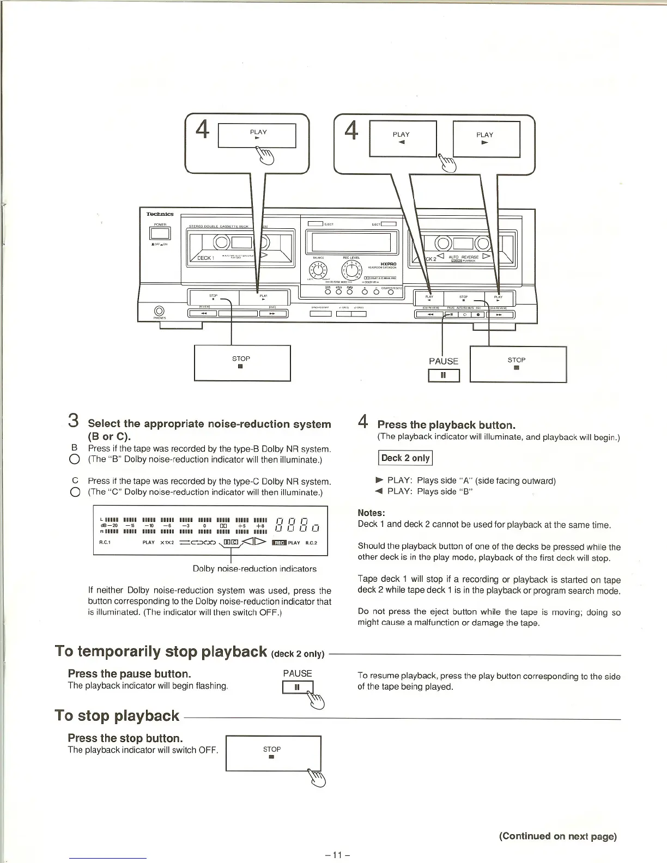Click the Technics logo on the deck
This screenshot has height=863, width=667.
coord(160,214)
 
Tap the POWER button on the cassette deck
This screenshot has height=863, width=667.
coord(160,234)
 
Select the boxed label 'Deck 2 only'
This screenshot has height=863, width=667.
coord(405,458)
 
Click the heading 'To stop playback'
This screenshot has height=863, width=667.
coord(117,716)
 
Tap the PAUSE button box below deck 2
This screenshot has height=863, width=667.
coord(444,375)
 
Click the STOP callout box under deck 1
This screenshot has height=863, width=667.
coord(242,363)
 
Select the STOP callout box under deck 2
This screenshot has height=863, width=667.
coord(518,364)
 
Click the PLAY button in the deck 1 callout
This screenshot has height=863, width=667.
coord(257,136)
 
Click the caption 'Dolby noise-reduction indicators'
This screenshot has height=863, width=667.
coord(254,569)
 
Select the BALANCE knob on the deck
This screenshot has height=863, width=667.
coord(318,270)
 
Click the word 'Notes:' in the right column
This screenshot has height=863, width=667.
coord(371,513)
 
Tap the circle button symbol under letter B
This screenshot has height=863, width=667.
coord(75,460)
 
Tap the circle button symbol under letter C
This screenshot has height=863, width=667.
coord(75,493)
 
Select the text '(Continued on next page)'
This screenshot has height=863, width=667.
coord(557,836)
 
